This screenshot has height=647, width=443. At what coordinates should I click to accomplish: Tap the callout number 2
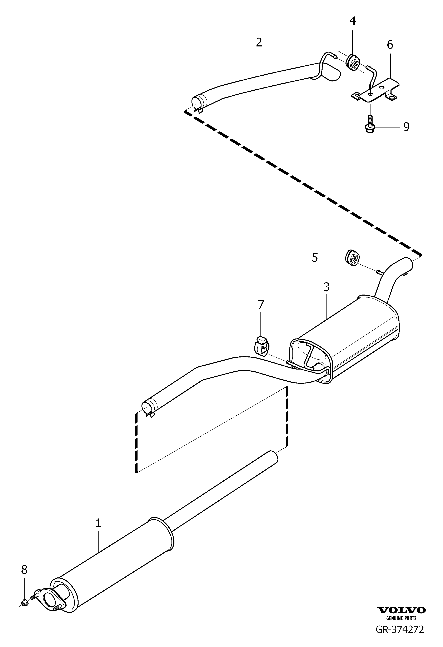(259, 42)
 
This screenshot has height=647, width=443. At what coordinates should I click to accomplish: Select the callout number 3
(326, 287)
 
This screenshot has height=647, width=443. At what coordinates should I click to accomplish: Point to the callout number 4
(353, 21)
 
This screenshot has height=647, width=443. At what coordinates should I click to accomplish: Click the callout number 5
(315, 257)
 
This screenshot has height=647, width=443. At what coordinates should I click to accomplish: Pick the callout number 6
(390, 45)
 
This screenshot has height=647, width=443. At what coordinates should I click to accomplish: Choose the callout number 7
(260, 305)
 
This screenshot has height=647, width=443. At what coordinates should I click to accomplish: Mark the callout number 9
(406, 127)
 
